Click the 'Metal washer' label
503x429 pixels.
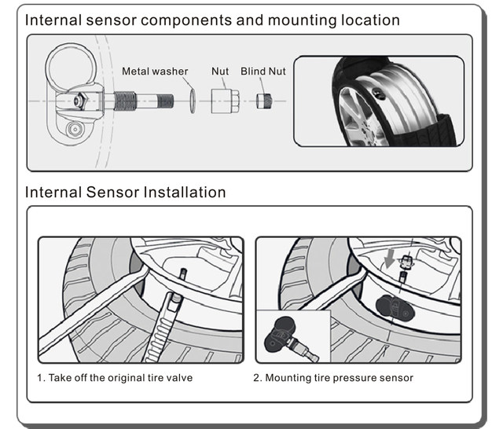(155, 71)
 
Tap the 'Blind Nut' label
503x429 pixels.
(263, 71)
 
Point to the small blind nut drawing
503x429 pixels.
(264, 101)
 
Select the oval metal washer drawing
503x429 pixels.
(192, 101)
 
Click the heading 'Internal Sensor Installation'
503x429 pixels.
(126, 192)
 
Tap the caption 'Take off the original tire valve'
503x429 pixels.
(120, 378)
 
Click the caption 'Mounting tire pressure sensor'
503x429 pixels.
(339, 378)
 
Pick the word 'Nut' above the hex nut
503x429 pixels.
(220, 71)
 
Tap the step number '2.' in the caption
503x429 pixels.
(257, 378)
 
